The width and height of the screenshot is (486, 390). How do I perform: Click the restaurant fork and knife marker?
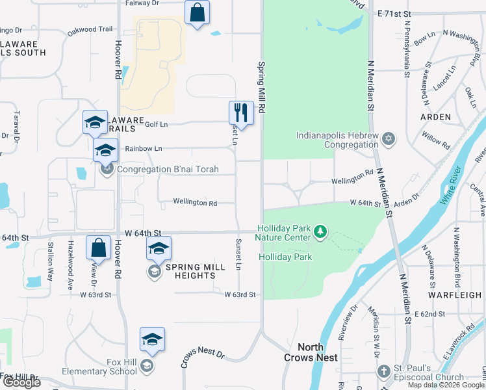241,112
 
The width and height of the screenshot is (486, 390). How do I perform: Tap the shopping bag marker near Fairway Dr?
197,12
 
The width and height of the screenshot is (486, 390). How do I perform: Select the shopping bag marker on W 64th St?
98,248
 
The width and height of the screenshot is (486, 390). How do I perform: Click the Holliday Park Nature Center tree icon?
319,231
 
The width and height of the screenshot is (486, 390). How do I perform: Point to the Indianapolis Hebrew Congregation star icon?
389,138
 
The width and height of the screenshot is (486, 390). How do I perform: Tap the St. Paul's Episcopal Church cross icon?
383,371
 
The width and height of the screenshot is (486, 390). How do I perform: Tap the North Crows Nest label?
311,353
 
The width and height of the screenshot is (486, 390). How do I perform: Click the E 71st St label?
394,13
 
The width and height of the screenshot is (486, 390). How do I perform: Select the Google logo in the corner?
21,382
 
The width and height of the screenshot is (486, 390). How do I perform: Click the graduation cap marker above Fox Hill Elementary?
152,339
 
